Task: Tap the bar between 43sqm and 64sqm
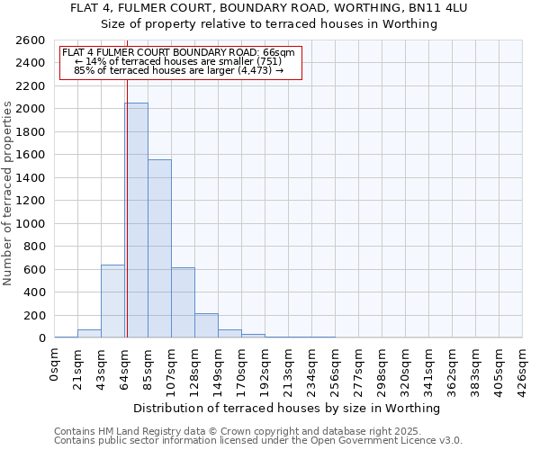coord(112,301)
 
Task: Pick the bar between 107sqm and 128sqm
coord(183,302)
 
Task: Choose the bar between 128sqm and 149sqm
coord(206,326)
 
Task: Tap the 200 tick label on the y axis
coord(35,315)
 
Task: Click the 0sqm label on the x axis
coord(55,364)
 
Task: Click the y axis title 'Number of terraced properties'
coord(9,193)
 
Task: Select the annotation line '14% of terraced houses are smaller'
coord(178,60)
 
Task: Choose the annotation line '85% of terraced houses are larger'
coord(178,69)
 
